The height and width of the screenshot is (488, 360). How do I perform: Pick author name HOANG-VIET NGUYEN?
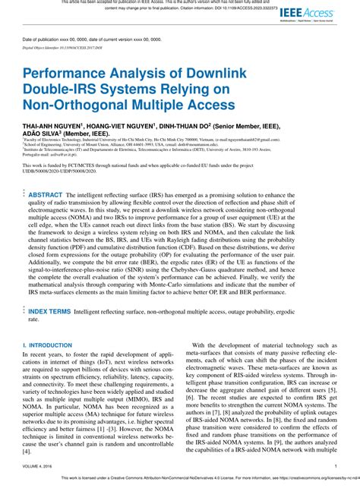(124, 127)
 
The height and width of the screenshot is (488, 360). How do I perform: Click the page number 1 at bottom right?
(335, 467)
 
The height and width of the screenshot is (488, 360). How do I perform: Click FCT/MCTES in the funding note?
(84, 162)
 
